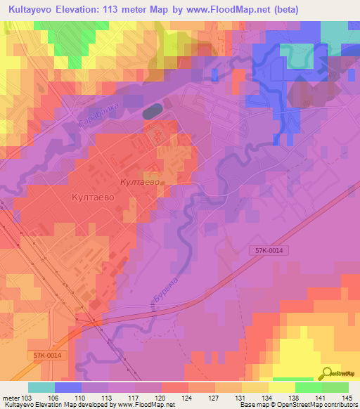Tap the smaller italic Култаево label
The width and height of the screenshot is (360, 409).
pos(142,182)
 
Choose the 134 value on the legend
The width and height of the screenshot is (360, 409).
pos(268,397)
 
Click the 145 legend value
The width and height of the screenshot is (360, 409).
pos(347,397)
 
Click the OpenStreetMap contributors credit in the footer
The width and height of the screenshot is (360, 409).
pos(321,405)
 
